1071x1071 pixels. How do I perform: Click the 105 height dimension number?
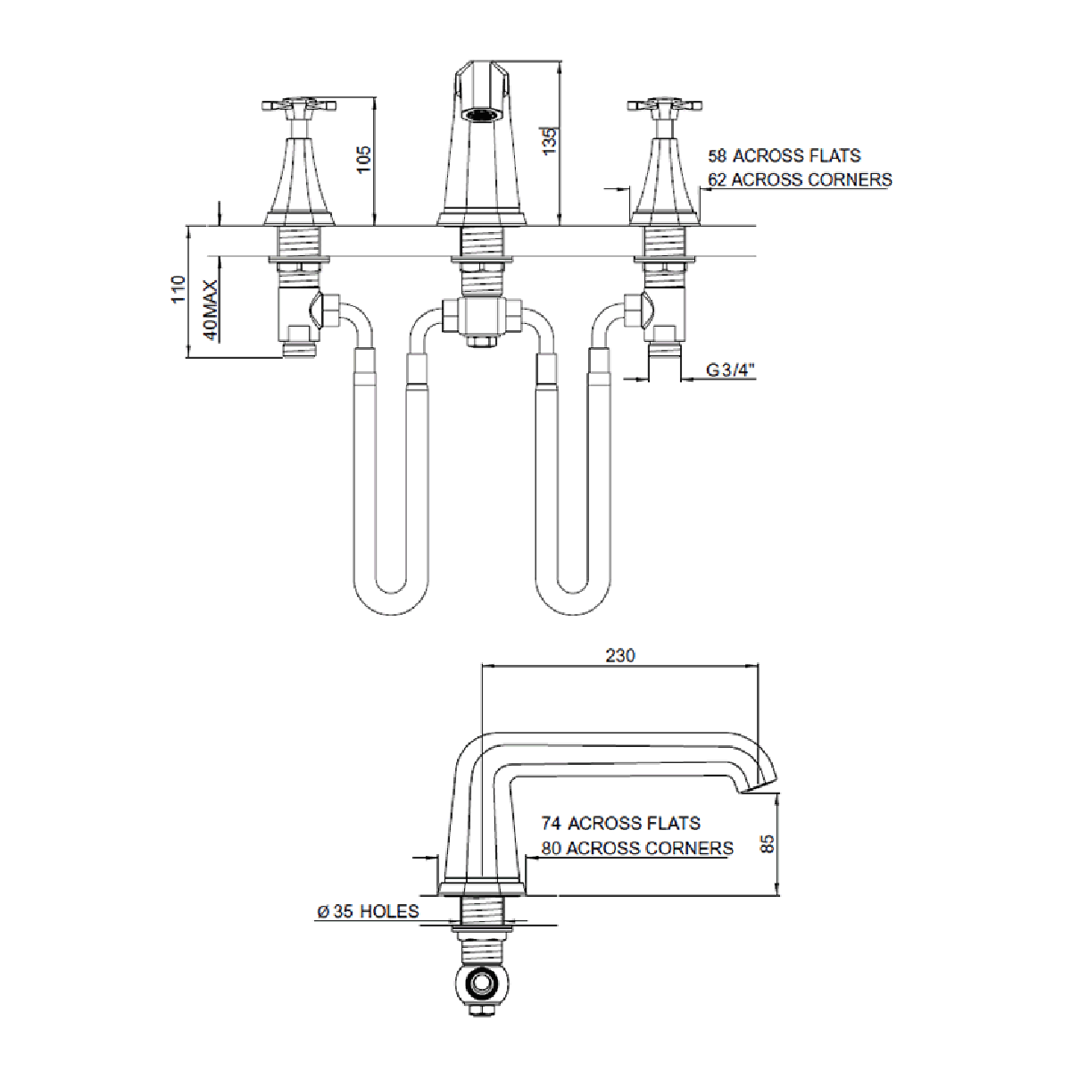coord(363,160)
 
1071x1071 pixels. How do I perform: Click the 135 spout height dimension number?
coord(549,141)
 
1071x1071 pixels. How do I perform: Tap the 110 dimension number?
coord(178,288)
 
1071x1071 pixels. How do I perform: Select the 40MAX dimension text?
coord(211,310)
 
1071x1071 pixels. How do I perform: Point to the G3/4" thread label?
coord(730,369)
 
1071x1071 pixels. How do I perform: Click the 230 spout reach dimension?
coord(620,656)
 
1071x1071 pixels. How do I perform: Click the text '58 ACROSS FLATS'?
coord(785,155)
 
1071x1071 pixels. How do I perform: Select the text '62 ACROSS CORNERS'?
coord(800,179)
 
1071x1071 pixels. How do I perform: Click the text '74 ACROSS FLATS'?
coord(621,823)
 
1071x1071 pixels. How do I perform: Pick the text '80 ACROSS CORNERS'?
coord(637,848)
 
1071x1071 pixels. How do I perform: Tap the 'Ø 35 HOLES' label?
coord(368,911)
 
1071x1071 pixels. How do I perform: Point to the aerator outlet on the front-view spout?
coord(481,114)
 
